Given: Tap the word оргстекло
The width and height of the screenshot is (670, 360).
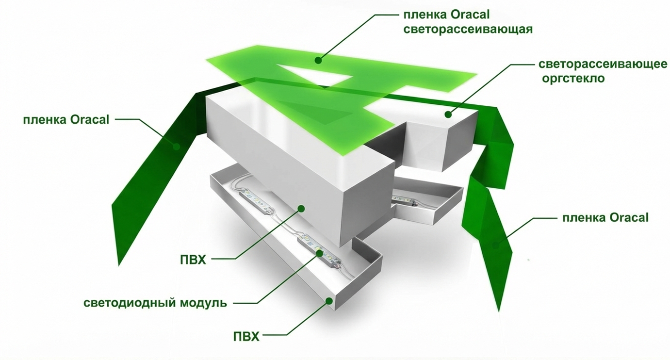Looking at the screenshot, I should coord(573,78).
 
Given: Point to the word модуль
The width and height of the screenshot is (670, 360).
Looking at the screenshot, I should coord(203,304).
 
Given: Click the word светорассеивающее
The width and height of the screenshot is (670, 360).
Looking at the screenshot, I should coord(603,65).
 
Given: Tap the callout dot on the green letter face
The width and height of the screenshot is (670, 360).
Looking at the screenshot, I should coord(318,60).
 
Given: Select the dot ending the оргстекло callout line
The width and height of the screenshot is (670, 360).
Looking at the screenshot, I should coord(448,115).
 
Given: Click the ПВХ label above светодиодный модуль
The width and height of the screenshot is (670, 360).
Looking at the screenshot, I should coord(192,260).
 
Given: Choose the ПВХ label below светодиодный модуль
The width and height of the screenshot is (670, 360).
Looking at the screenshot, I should coord(246,336).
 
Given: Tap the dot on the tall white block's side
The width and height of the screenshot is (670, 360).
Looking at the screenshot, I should coord(301,209).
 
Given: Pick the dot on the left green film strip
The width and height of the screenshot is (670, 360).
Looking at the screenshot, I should coord(178,146).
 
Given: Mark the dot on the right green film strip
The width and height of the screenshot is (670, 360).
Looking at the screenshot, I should coord(495,245).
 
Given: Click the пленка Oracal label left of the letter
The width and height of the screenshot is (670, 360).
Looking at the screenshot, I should coord(66,119).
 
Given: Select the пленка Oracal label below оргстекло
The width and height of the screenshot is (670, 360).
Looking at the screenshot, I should coord(605,218).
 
